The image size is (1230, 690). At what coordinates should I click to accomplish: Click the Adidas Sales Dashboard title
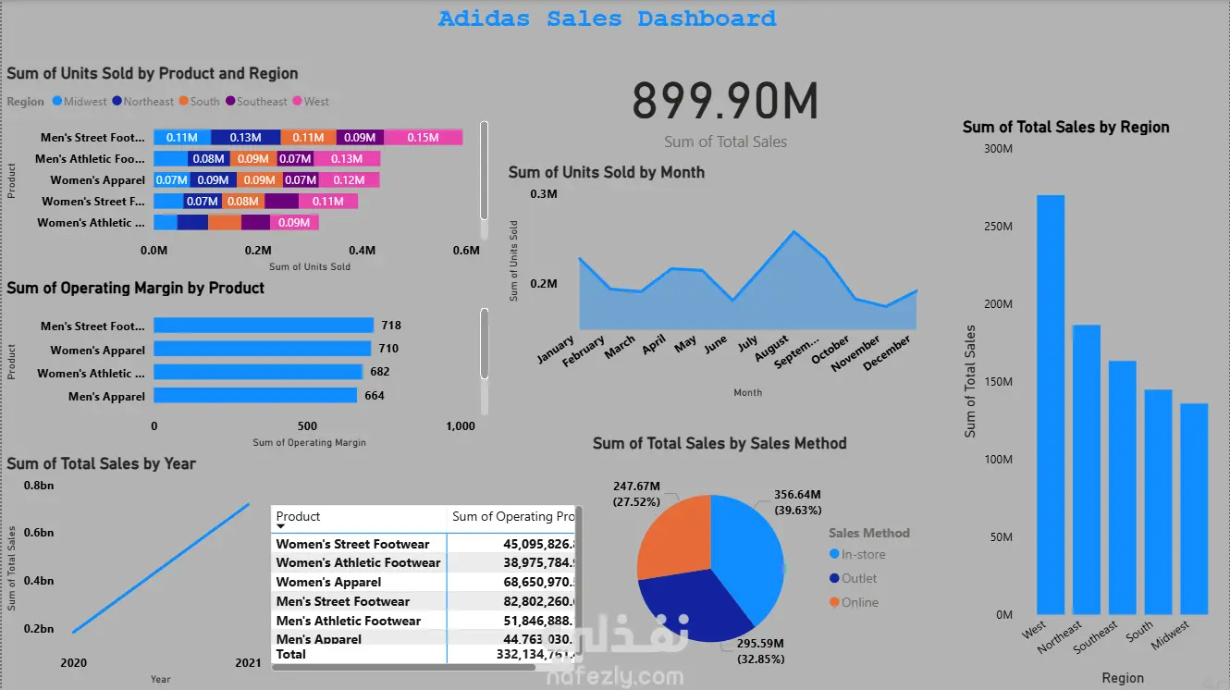607,18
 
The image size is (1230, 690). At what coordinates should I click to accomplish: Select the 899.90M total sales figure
725,101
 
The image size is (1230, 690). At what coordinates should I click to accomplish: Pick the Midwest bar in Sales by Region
1193,509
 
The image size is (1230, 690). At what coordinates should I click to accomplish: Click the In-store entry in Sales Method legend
862,554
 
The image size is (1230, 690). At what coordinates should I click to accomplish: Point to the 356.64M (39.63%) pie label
796,501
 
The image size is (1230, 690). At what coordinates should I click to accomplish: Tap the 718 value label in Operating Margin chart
390,326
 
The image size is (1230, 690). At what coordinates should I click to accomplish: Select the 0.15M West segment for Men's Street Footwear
423,138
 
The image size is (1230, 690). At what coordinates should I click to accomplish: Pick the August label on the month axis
772,349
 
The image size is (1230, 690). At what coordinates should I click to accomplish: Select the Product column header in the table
299,517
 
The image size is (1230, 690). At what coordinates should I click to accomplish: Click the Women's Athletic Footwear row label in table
358,562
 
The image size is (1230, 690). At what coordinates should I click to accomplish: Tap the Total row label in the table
291,654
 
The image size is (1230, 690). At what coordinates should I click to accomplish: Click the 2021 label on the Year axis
248,663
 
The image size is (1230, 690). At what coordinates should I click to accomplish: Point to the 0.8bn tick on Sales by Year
39,486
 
